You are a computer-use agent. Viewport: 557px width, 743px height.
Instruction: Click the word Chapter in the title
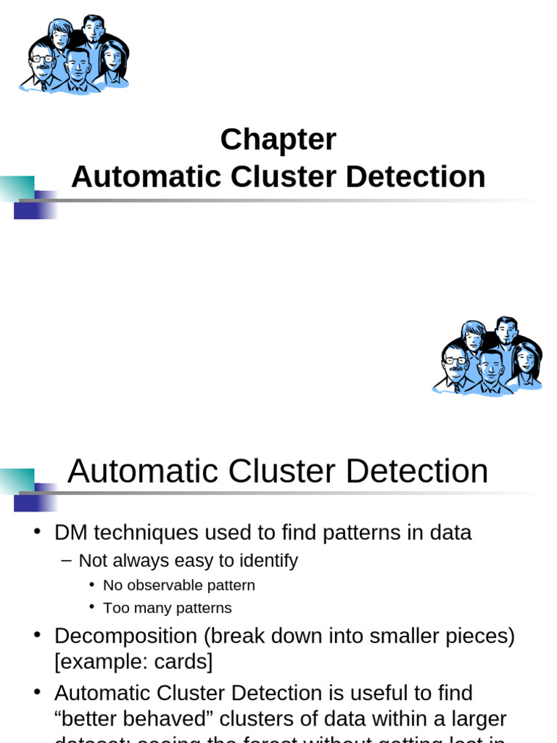click(278, 139)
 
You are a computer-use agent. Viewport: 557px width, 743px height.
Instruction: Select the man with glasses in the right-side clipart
click(455, 365)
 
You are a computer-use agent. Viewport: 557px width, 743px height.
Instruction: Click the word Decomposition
click(125, 636)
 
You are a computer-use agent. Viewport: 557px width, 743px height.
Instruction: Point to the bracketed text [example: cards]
click(133, 662)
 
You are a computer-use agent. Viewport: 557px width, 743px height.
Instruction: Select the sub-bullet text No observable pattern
click(179, 585)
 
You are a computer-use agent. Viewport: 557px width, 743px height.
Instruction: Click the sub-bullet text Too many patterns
click(168, 608)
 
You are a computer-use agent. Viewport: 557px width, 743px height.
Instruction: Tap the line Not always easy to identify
click(188, 560)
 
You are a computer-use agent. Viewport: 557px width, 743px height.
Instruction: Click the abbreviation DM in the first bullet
click(70, 533)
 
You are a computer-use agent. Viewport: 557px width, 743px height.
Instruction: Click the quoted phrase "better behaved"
click(133, 718)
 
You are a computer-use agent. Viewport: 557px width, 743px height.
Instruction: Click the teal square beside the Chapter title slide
click(17, 188)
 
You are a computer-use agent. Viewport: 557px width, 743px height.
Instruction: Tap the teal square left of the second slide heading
click(17, 480)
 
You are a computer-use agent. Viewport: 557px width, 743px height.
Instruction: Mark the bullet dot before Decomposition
click(37, 636)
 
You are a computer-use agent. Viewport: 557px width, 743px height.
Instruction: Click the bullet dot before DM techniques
click(37, 532)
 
